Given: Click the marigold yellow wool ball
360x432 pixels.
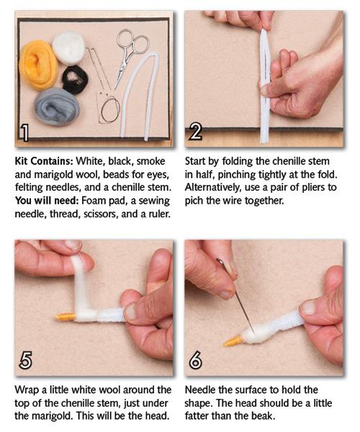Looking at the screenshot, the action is coord(38,65).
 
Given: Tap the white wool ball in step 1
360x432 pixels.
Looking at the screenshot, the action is coord(68,48).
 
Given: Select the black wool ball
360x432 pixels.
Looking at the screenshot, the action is coord(75,80).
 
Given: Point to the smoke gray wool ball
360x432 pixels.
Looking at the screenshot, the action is coord(57,107).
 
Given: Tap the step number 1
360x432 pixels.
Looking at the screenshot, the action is coord(24,132).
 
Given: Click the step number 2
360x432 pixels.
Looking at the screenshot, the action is coord(195,132).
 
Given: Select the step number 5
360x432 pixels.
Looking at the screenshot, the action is coord(25,360).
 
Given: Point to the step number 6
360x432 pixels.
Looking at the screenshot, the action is coord(195,360).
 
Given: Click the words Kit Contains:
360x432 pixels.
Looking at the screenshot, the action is coord(44,161).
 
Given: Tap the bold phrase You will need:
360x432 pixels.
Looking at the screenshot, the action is coord(47,201).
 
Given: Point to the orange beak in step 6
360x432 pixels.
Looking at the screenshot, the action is coord(233,341).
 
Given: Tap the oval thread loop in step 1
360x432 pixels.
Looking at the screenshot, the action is coord(110,110).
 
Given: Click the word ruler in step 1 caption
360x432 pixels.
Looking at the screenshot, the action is coord(159,214).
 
